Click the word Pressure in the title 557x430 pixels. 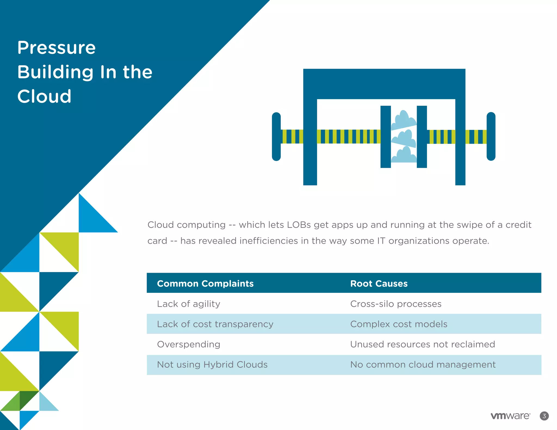pyautogui.click(x=56, y=48)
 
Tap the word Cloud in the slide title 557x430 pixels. pyautogui.click(x=44, y=96)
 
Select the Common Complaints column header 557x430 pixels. pyautogui.click(x=205, y=284)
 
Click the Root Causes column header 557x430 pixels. pyautogui.click(x=379, y=284)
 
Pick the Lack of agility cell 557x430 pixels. pyautogui.click(x=188, y=304)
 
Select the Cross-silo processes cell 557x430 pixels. pyautogui.click(x=395, y=304)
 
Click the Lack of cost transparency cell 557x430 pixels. pyautogui.click(x=215, y=324)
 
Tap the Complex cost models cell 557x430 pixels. pyautogui.click(x=398, y=324)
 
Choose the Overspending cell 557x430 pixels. pyautogui.click(x=188, y=344)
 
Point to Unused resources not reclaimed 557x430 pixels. pyautogui.click(x=422, y=344)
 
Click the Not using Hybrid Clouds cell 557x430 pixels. pyautogui.click(x=212, y=365)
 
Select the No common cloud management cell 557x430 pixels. pyautogui.click(x=423, y=365)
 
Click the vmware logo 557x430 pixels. pyautogui.click(x=510, y=416)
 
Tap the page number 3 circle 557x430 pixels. pyautogui.click(x=544, y=416)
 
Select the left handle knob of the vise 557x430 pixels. pyautogui.click(x=276, y=136)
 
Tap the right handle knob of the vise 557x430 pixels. pyautogui.click(x=491, y=136)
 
